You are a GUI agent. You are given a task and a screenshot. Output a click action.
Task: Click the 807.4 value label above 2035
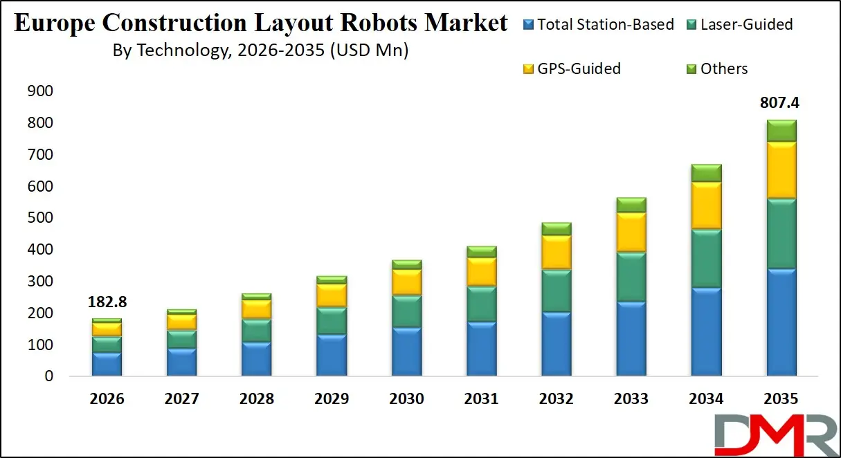click(781, 103)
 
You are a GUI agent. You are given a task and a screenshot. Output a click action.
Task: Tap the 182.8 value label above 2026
click(107, 302)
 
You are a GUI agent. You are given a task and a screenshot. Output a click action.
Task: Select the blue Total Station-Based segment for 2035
click(781, 322)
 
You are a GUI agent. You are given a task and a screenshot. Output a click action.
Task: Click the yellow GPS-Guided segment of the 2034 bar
click(705, 205)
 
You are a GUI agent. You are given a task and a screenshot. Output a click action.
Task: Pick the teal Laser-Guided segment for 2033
click(631, 277)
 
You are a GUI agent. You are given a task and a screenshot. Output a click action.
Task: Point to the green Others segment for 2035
click(781, 131)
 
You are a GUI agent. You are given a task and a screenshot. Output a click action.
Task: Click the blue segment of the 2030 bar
click(406, 351)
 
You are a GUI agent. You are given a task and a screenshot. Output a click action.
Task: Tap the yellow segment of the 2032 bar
click(556, 253)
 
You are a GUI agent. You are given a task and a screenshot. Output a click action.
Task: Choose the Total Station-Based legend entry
click(599, 25)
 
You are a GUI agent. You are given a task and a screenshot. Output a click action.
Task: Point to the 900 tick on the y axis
click(39, 91)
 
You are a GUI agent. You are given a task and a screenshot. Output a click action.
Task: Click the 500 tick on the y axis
click(39, 218)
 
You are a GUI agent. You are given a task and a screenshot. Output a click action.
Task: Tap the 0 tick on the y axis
click(48, 376)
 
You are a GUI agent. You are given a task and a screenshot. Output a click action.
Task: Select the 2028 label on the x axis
click(256, 399)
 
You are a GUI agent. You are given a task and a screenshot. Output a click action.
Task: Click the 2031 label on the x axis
click(480, 399)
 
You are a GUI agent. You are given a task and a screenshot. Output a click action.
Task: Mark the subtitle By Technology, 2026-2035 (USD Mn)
click(260, 51)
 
